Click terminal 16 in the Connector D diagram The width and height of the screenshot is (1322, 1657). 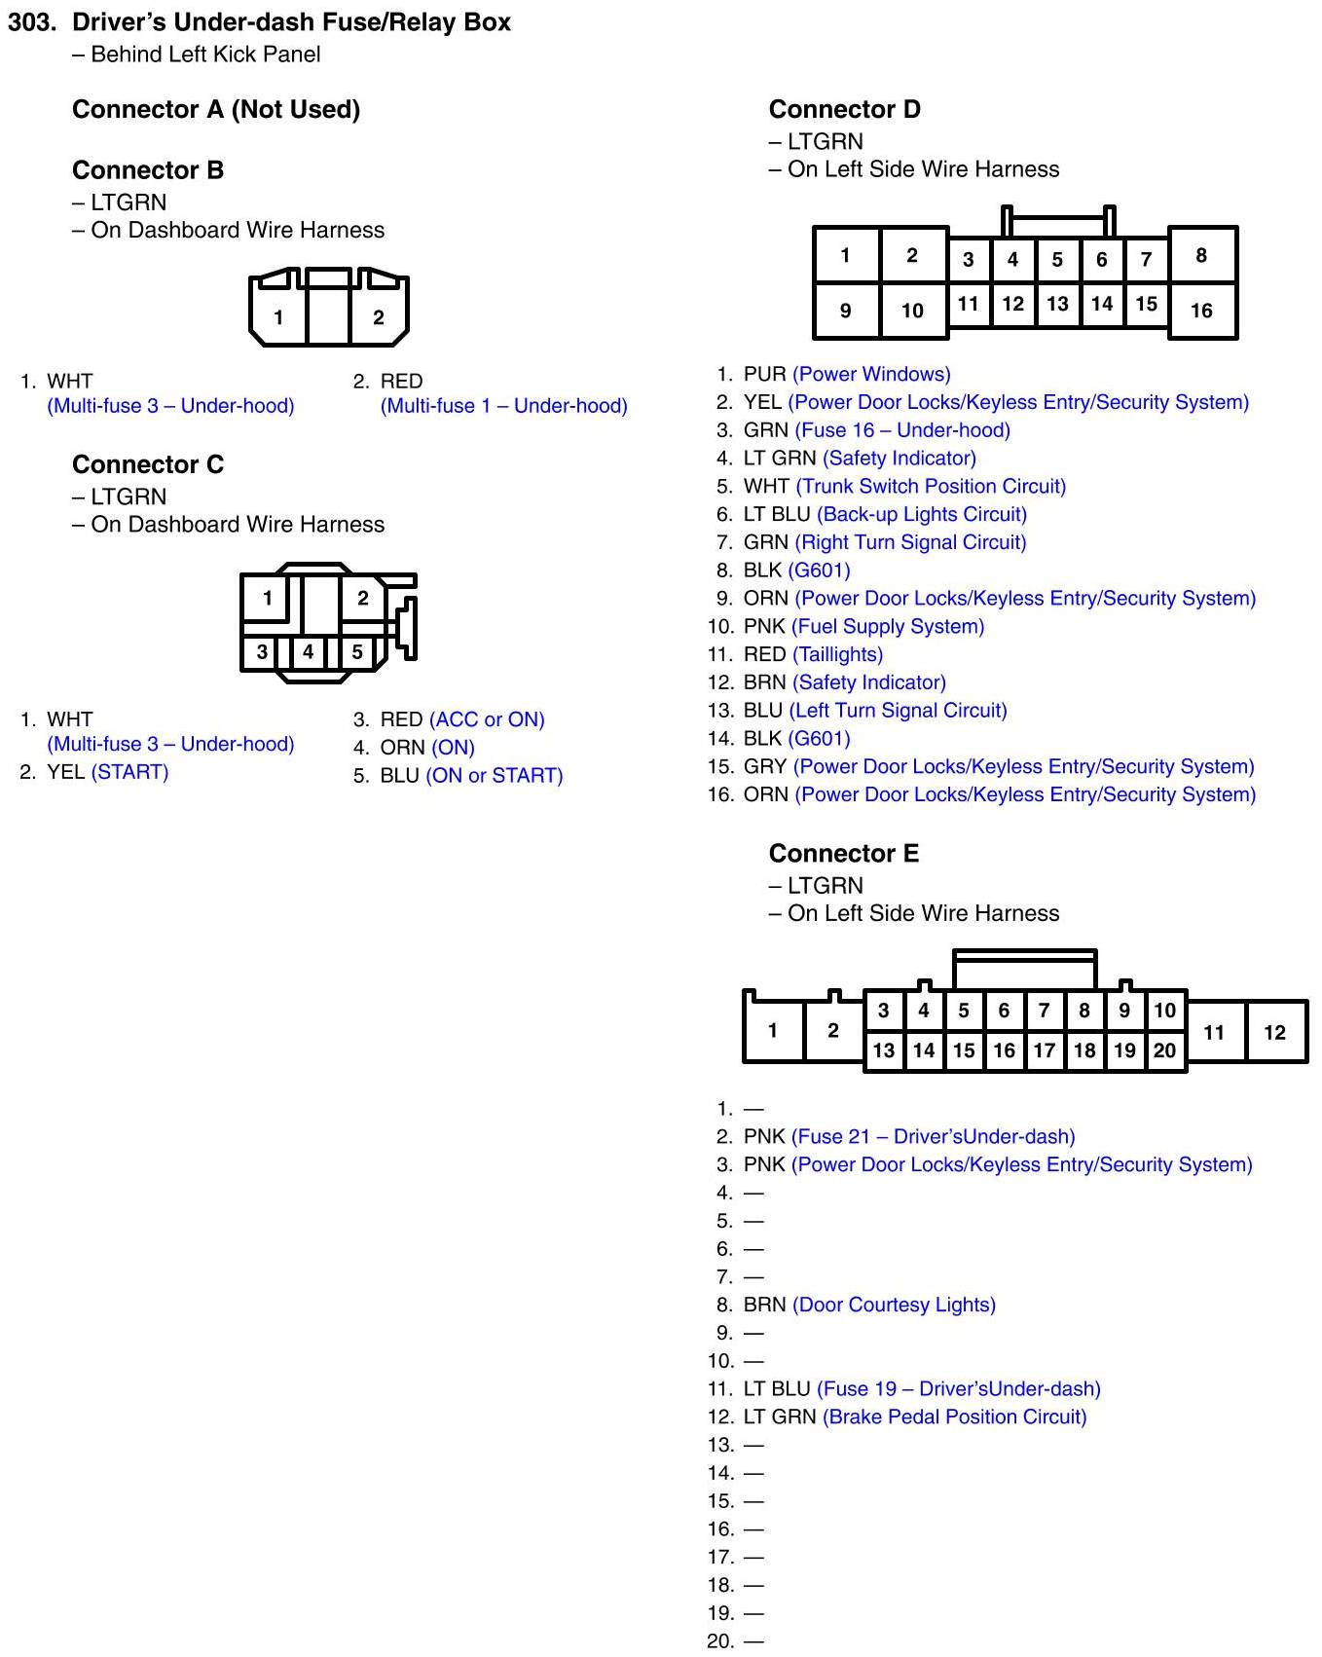[x=1201, y=311]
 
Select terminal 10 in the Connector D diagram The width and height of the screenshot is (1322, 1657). [x=912, y=311]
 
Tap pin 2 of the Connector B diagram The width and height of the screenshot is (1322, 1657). [x=378, y=317]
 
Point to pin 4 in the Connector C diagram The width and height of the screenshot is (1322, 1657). [x=309, y=651]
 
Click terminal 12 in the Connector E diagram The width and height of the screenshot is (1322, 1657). [x=1274, y=1033]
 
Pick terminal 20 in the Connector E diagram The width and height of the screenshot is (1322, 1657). [x=1164, y=1050]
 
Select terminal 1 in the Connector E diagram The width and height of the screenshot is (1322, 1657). [x=772, y=1030]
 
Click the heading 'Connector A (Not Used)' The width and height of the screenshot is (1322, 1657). [x=216, y=109]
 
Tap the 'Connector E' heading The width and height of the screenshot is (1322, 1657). [x=843, y=853]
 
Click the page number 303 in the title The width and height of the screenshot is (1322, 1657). [x=31, y=22]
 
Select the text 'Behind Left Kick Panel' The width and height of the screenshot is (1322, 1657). [x=205, y=55]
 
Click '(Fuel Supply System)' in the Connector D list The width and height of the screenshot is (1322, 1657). [x=888, y=626]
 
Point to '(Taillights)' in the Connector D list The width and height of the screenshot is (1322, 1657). [x=838, y=654]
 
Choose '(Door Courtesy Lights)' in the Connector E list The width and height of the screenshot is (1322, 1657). [x=894, y=1305]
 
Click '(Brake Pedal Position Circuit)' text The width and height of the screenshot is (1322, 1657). [x=954, y=1417]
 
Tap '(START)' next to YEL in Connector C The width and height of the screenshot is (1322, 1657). [x=129, y=772]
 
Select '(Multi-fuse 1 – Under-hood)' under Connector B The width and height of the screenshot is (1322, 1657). [x=503, y=406]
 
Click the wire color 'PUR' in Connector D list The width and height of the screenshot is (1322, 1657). [x=764, y=374]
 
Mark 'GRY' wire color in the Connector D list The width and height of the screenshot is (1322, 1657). [x=764, y=766]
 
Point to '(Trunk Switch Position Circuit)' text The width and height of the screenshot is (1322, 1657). [x=931, y=486]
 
